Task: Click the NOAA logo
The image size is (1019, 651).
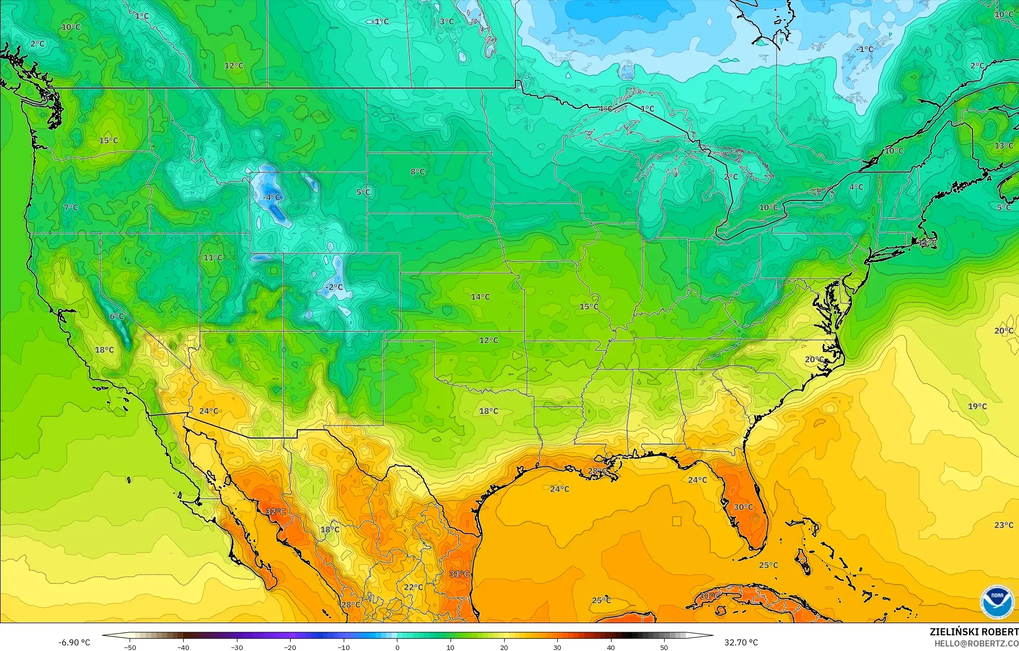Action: (997, 601)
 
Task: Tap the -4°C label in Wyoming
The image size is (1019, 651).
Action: (271, 197)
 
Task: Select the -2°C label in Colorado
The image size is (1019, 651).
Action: (334, 287)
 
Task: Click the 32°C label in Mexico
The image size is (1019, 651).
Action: (276, 511)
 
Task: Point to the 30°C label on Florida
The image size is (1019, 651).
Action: (743, 507)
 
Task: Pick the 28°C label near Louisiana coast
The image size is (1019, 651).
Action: (597, 471)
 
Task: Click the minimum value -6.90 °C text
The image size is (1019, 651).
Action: (74, 642)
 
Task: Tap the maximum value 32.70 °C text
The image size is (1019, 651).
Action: (741, 642)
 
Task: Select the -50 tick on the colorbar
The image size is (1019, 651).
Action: (130, 647)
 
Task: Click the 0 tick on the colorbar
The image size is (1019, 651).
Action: (397, 647)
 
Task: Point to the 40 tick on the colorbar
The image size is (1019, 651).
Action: (610, 647)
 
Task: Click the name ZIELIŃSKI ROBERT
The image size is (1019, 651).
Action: (973, 632)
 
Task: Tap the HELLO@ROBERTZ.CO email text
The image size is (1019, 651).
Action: (976, 643)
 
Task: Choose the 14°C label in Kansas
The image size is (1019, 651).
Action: (480, 297)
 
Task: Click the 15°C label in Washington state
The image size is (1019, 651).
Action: (108, 140)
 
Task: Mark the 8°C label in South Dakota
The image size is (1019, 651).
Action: (418, 171)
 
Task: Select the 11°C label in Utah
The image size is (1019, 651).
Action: (213, 257)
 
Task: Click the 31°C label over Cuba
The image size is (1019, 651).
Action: (710, 596)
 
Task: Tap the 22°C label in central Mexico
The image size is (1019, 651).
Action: (413, 587)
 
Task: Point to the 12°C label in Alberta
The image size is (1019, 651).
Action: (234, 65)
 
